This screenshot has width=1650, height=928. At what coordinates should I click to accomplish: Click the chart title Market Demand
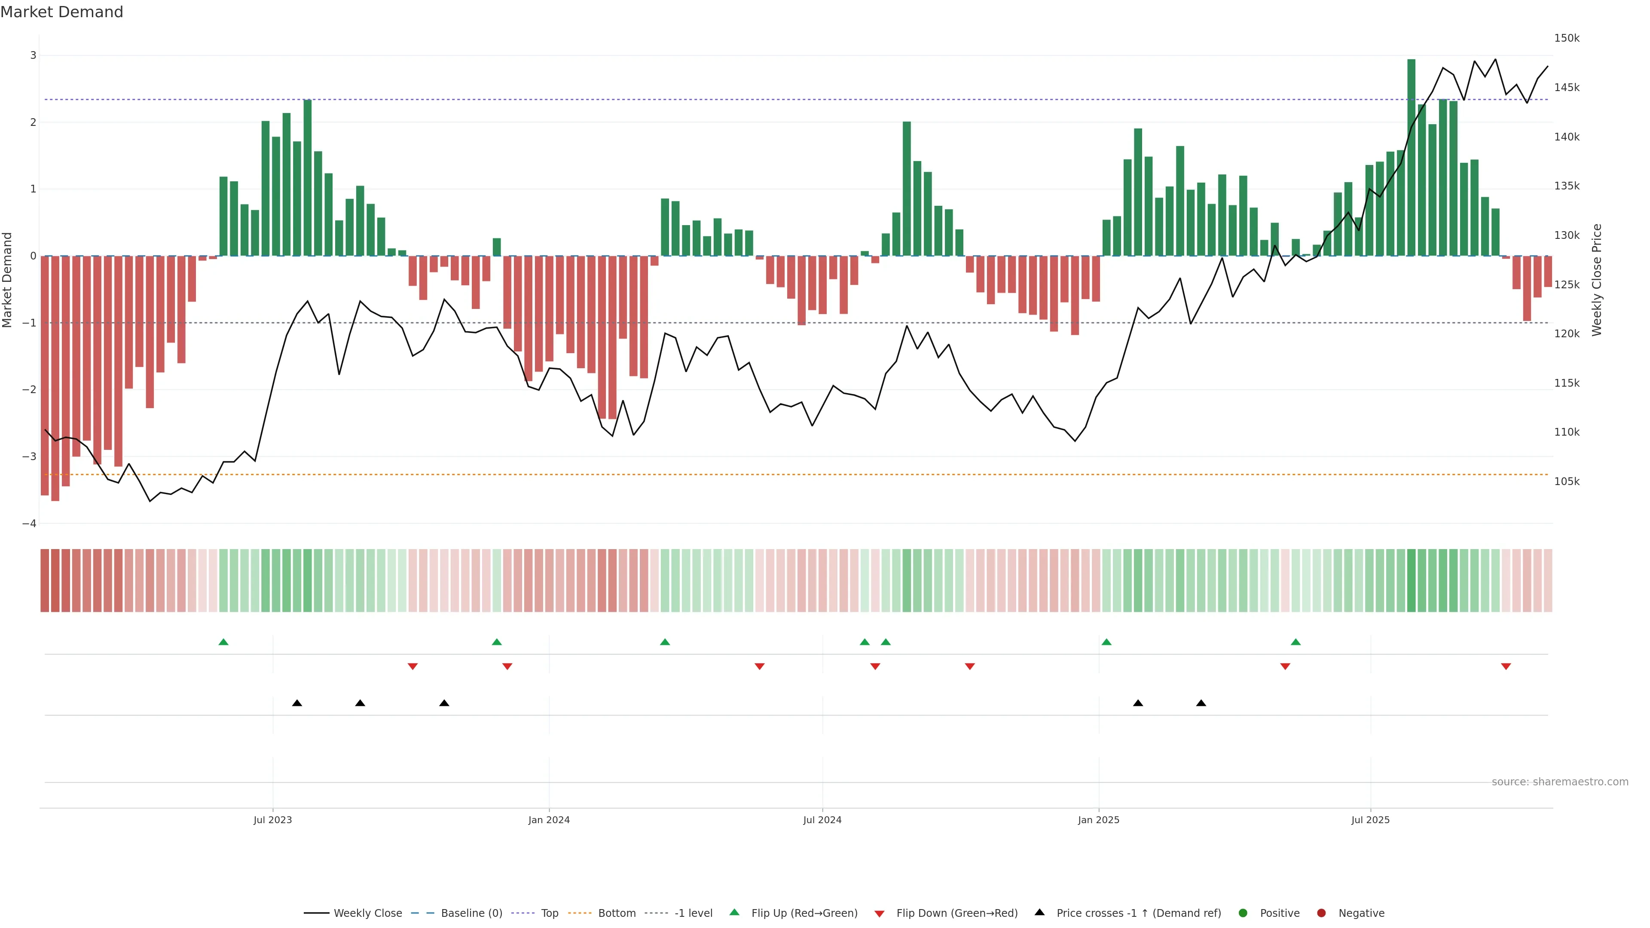[61, 12]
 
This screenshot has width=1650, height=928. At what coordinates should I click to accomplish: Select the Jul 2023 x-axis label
[272, 820]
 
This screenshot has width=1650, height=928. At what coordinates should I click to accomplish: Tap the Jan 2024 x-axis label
[549, 820]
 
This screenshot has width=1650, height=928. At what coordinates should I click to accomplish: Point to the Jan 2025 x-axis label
[1099, 820]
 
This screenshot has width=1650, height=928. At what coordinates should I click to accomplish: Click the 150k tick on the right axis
[1567, 38]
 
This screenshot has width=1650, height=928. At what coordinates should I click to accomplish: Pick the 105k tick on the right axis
[1567, 482]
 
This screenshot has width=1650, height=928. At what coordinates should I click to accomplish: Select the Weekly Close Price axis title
[1597, 280]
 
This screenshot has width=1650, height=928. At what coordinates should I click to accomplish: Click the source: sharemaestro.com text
[1560, 782]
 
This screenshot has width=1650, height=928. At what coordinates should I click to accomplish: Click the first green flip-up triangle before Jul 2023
[223, 642]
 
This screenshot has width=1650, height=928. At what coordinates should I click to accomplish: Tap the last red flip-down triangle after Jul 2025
[1506, 667]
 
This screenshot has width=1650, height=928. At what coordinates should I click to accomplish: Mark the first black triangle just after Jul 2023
[297, 703]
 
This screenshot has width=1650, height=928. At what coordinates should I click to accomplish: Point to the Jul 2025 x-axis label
[1371, 820]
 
